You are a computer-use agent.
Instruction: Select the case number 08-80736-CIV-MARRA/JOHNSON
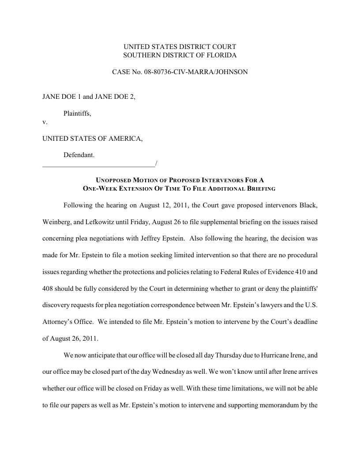[x=195, y=71]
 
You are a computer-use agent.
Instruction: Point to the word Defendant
[x=79, y=155]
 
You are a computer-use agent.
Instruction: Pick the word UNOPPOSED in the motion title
[x=112, y=180]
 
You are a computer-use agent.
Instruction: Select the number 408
[x=48, y=287]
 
